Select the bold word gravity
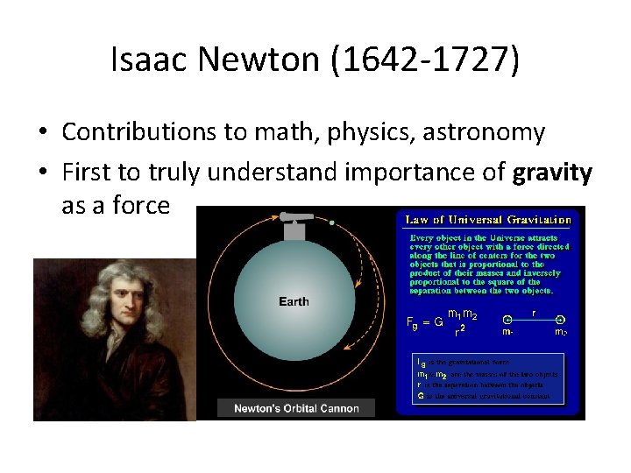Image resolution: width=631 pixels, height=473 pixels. [x=554, y=173]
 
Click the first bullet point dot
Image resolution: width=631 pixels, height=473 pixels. [x=42, y=133]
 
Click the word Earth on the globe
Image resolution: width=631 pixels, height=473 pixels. [x=294, y=302]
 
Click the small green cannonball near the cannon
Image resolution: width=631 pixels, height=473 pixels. [x=332, y=222]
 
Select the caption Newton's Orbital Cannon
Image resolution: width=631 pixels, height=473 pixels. [x=296, y=408]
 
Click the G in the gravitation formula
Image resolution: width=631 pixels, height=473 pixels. [x=438, y=321]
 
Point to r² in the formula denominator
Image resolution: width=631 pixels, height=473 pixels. [x=459, y=330]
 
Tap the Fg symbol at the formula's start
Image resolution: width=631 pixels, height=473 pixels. [x=412, y=322]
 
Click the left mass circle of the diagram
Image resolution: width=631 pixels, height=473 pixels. [x=507, y=320]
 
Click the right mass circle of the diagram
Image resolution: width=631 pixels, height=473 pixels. [x=560, y=320]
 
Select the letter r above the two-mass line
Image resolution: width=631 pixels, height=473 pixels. [x=535, y=311]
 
